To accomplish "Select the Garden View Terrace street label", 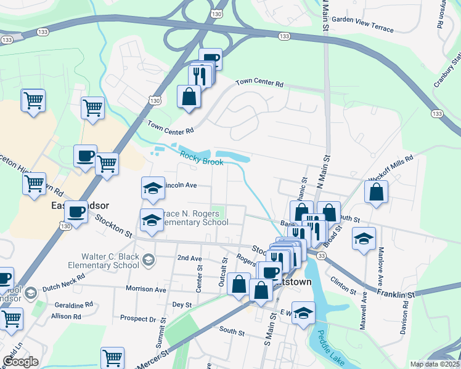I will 363,19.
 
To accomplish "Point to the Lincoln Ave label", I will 179,184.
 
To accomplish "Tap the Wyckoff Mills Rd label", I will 391,165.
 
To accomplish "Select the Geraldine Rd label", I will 72,304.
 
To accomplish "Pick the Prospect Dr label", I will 138,319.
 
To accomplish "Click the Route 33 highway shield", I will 321,255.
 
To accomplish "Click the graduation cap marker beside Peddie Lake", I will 303,314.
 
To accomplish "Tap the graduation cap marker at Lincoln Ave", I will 153,189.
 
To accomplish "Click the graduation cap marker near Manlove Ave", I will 364,238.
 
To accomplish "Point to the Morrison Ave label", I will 146,289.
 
